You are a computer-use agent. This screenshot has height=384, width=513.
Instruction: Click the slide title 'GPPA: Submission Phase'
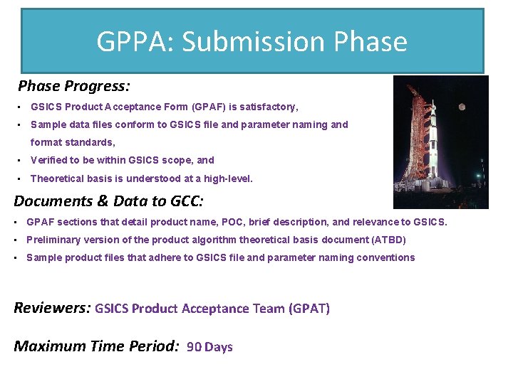(252, 42)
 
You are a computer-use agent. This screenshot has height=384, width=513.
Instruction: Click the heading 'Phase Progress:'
(74, 87)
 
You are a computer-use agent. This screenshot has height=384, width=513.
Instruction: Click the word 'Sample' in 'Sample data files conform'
(48, 124)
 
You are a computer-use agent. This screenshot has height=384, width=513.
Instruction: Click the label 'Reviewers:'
(51, 308)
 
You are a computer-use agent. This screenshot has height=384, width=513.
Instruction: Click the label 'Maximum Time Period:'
(96, 346)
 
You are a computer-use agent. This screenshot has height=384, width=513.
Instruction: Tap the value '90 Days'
(209, 347)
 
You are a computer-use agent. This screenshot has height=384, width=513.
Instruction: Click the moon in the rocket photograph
(462, 107)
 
